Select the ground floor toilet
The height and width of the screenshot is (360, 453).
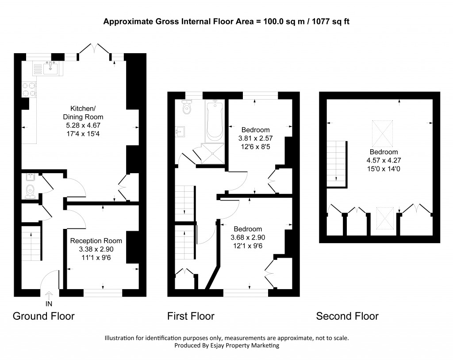(x=30, y=192)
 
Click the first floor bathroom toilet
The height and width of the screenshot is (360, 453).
(x=187, y=107)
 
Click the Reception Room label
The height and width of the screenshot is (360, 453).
(x=96, y=241)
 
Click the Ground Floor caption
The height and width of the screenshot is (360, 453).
(x=43, y=316)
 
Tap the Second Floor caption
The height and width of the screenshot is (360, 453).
(x=347, y=316)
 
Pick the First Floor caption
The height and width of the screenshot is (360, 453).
(x=191, y=316)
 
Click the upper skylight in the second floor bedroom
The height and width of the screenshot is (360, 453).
(x=382, y=133)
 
